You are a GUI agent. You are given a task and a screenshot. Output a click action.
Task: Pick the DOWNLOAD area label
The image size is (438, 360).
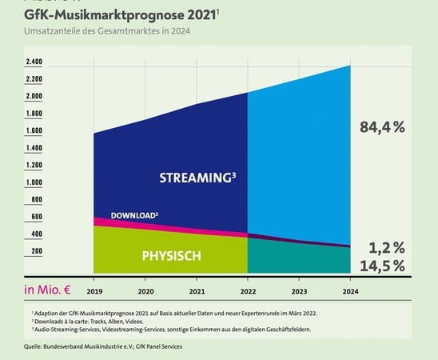point(134,215)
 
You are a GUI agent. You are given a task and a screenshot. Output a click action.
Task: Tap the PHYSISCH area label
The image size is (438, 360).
point(171,256)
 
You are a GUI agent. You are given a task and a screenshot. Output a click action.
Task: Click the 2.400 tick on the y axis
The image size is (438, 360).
point(34,62)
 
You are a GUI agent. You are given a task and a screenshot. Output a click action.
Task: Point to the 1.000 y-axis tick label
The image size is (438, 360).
point(34,182)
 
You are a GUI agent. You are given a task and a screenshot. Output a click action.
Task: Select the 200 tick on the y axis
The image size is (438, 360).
point(36,251)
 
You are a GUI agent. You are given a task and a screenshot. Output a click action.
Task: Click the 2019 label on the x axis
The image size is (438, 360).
point(94,291)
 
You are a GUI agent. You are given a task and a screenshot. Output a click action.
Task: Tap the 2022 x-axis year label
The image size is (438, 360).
point(248,291)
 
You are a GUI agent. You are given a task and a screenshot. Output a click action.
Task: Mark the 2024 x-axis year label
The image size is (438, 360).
point(349,291)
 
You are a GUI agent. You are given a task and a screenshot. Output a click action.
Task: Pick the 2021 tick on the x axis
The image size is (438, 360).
point(197,291)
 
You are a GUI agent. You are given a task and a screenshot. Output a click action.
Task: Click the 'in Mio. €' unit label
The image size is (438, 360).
point(50,290)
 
